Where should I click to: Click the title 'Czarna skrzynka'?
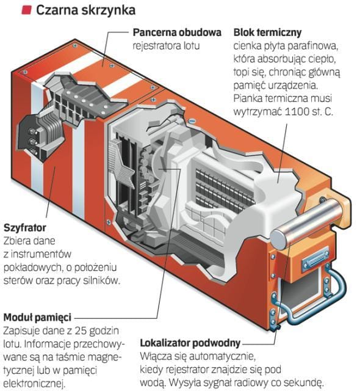(x=85, y=10)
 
